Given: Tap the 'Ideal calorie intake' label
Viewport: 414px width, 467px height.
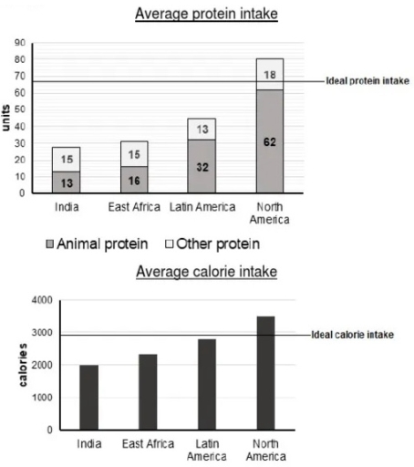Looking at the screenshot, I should pyautogui.click(x=353, y=335).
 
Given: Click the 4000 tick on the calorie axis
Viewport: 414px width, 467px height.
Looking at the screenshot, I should pyautogui.click(x=41, y=300).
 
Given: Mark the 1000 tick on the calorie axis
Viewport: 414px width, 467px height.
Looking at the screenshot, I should pyautogui.click(x=41, y=398).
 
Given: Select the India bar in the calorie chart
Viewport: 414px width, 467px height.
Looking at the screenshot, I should pyautogui.click(x=88, y=397).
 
